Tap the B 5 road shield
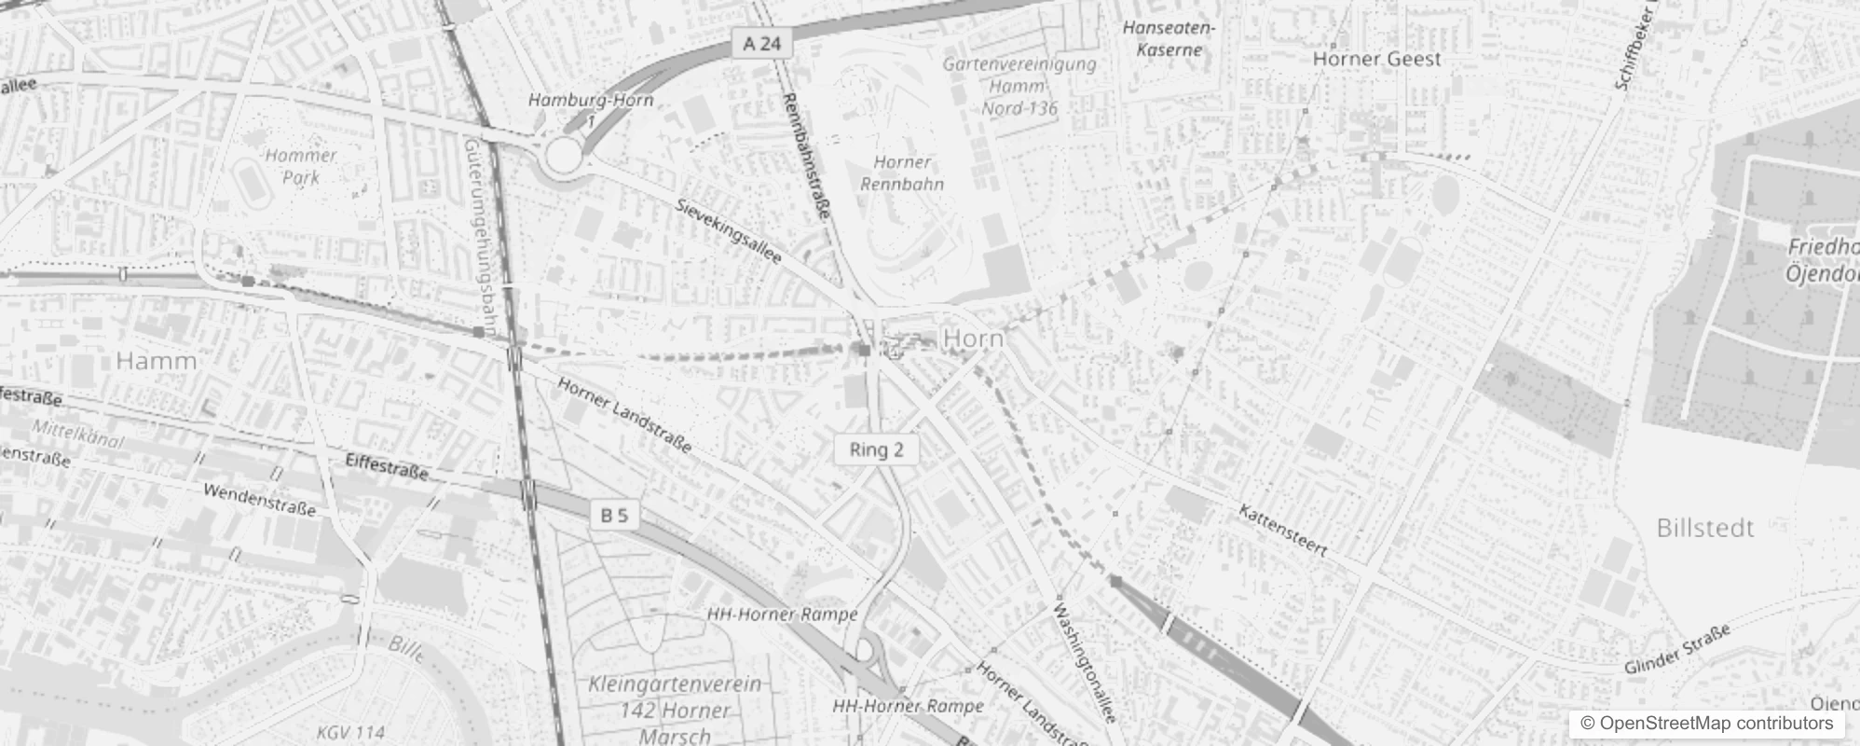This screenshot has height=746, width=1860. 614,515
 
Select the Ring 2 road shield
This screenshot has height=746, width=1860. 876,449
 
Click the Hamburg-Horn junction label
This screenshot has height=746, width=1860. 591,100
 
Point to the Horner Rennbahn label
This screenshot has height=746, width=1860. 901,173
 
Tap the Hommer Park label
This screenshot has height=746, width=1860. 300,166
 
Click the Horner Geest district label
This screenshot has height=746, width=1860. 1376,59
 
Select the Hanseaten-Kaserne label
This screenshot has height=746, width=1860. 1169,38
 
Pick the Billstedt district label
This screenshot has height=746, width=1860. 1705,528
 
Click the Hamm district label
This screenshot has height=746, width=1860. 157,361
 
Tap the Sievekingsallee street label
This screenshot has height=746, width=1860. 729,230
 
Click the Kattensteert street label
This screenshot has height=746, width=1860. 1282,531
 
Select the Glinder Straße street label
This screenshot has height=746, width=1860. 1676,649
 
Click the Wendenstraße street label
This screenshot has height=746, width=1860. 259,500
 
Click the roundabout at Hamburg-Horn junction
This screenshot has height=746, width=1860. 563,157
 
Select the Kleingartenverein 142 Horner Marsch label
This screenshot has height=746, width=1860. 675,710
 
